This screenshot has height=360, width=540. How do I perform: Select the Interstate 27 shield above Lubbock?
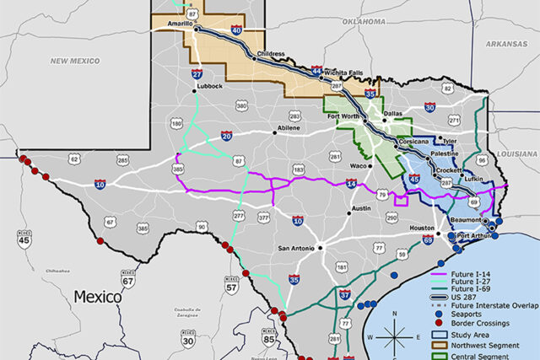(x=196, y=74)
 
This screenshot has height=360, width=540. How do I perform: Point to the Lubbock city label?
(x=208, y=87)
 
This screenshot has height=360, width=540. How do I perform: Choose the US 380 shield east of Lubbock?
(x=242, y=106)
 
